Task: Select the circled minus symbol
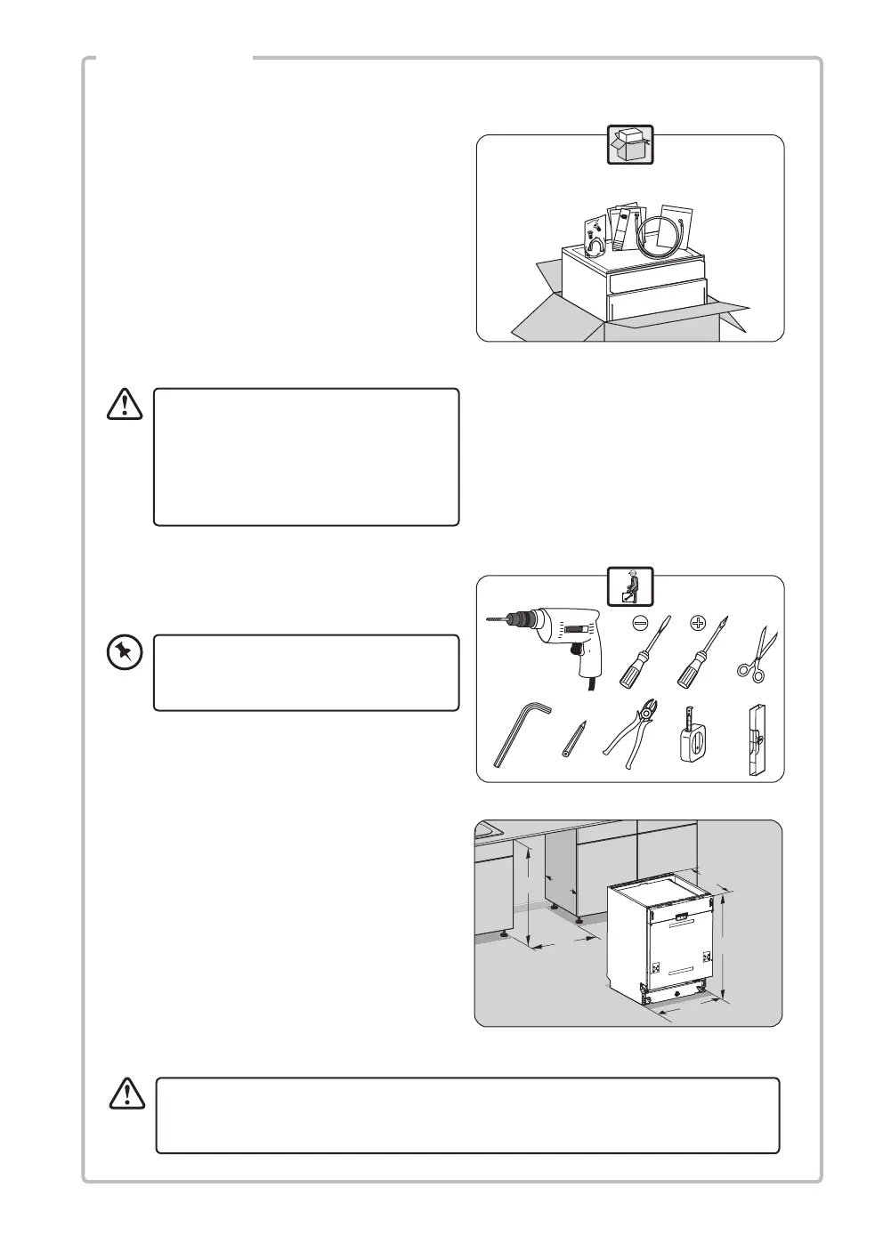(640, 623)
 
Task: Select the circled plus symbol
(698, 623)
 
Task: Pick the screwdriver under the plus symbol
(701, 663)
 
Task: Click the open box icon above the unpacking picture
(629, 144)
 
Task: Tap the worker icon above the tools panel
(629, 586)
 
